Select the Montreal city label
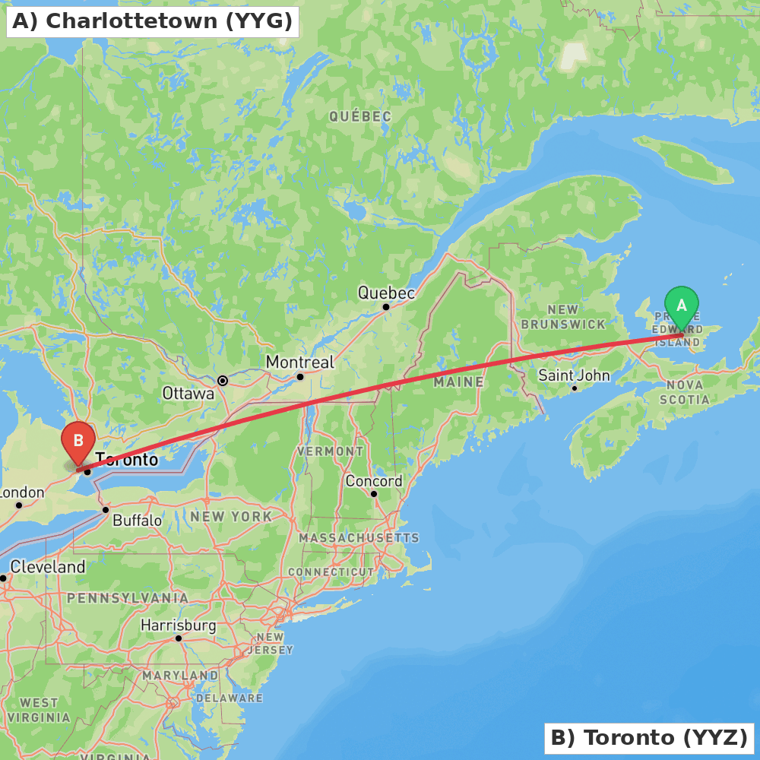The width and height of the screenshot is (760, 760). click(x=299, y=363)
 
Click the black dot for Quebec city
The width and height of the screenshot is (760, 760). click(x=386, y=307)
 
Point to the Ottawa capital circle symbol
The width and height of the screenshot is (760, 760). click(x=223, y=380)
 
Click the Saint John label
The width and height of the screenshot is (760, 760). click(x=574, y=375)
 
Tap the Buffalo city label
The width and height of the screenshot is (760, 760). click(x=137, y=521)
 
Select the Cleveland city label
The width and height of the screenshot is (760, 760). click(x=48, y=567)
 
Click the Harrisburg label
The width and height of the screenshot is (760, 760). click(x=178, y=626)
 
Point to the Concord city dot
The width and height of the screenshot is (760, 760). click(x=374, y=493)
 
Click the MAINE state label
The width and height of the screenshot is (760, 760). click(x=458, y=382)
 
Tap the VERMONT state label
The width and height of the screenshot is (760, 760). click(x=331, y=451)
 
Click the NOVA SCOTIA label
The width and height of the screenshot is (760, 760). click(x=684, y=392)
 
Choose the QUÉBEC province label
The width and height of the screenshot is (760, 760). click(x=360, y=116)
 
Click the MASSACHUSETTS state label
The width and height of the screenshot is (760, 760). click(x=359, y=538)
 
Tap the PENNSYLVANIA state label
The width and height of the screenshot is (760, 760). click(x=128, y=598)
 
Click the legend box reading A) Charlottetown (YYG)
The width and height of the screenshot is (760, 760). click(x=153, y=21)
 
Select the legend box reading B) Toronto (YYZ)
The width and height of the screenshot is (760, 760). click(x=649, y=737)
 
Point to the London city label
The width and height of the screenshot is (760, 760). click(x=22, y=492)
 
